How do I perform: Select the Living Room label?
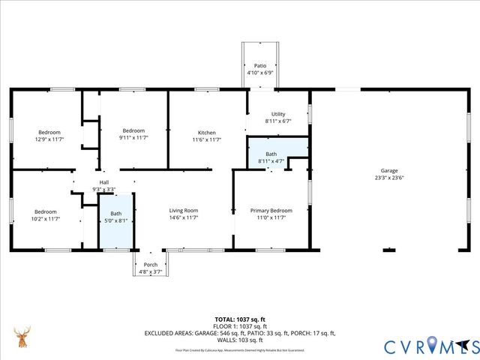coord(184,211)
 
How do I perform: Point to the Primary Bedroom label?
coord(271,211)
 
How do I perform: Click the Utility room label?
coord(278,113)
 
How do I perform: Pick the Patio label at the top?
coord(259,66)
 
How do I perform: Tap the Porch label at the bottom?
coord(151,265)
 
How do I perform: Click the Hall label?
coord(103,182)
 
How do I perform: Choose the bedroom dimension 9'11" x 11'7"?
coord(133,138)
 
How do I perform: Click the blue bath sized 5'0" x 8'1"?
coord(115,217)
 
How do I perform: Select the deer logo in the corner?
coord(22,338)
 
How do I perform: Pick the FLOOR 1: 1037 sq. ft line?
coord(240,326)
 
